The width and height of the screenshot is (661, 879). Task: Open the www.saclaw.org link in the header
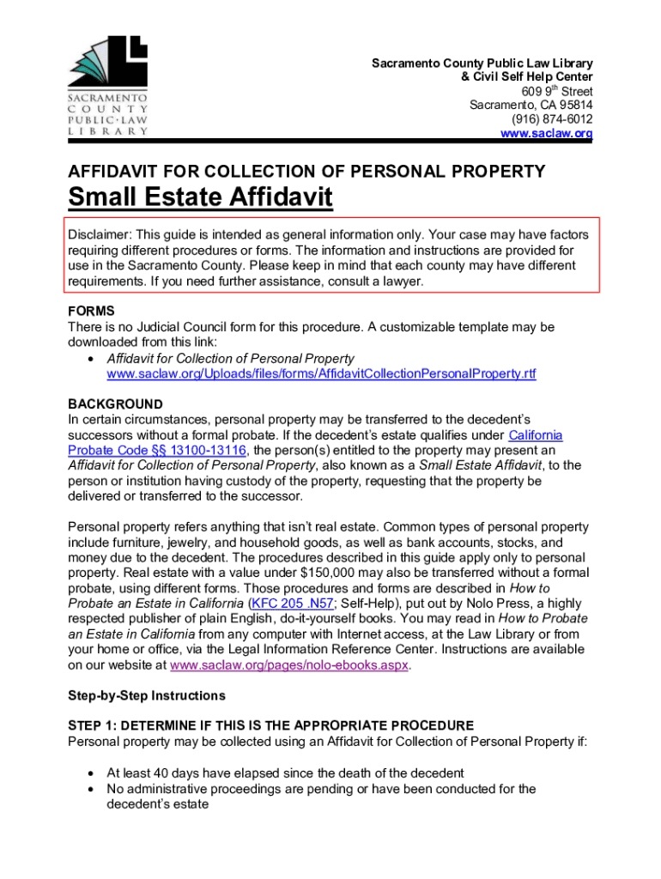pos(546,134)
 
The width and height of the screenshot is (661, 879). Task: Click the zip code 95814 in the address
pos(575,106)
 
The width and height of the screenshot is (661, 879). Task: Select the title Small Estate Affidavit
pos(199,198)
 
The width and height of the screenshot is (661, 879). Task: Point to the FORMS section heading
pos(91,312)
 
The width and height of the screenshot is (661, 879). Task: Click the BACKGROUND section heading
pos(115,404)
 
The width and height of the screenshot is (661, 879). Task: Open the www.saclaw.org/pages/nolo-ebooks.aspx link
pos(290,665)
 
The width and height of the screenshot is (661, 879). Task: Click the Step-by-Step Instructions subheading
pos(146,695)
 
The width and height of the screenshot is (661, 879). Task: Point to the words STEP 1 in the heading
pos(93,726)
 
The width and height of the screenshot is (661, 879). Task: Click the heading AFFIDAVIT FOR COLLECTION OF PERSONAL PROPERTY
pos(306,172)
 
